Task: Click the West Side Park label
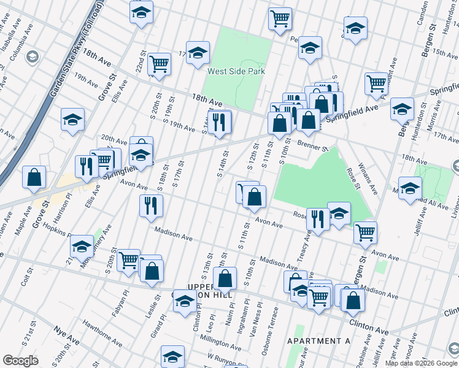click(236, 71)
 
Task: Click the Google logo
click(20, 361)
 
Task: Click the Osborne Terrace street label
click(269, 338)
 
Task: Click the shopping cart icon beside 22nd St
click(159, 64)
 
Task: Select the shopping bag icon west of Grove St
click(34, 177)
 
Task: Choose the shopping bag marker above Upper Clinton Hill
click(225, 278)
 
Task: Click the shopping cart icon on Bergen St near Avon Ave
click(365, 232)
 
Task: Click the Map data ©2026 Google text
click(420, 362)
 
